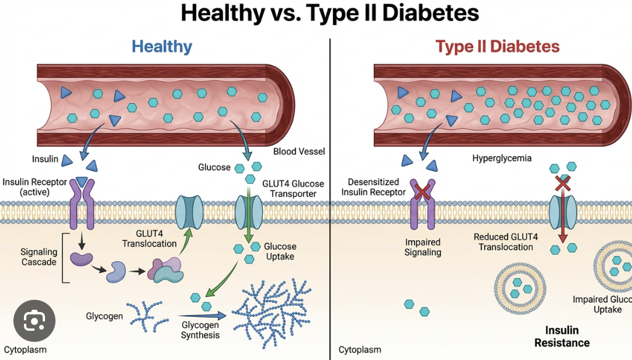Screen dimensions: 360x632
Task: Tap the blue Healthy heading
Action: [162, 46]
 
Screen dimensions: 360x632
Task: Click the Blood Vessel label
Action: [299, 151]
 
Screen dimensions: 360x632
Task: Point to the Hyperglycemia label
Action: [502, 158]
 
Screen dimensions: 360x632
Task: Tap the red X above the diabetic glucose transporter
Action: [562, 183]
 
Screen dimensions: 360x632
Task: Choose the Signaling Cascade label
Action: [39, 257]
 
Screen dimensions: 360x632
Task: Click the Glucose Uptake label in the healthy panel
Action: [280, 251]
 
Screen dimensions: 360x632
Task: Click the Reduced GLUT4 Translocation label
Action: [503, 242]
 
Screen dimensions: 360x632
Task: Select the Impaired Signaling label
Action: [422, 247]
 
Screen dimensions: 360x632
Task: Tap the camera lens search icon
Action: [34, 321]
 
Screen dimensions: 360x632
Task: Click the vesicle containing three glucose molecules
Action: [516, 286]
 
